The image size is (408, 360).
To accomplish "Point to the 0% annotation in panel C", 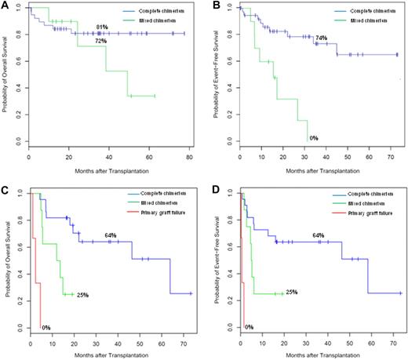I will (x=45, y=326).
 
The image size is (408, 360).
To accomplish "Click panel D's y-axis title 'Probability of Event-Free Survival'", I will (x=217, y=259).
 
